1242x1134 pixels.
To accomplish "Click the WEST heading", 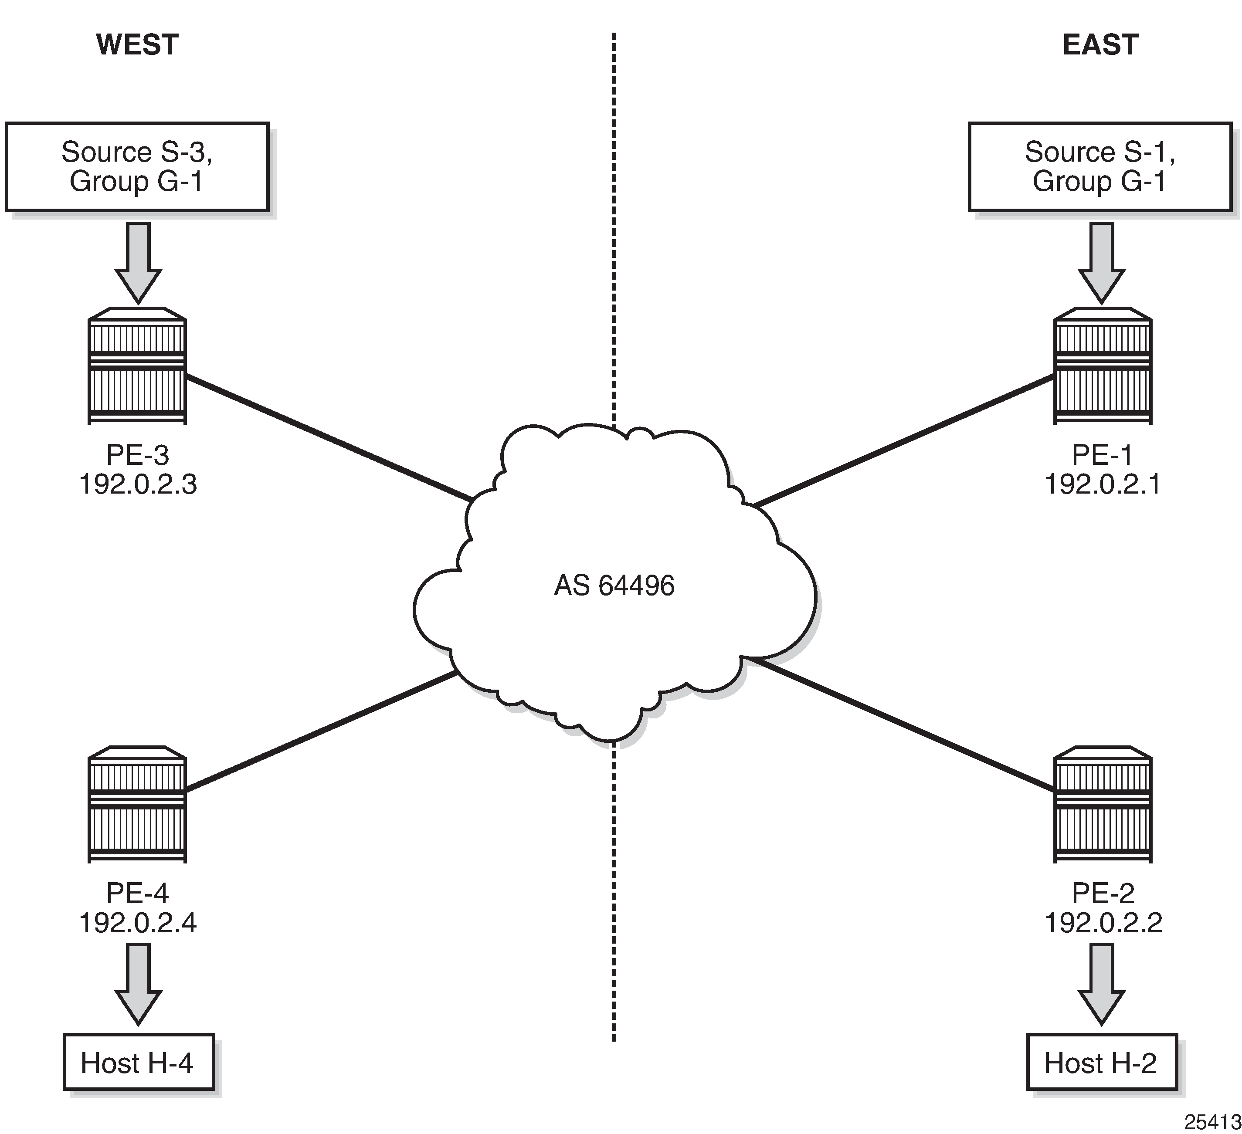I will [x=137, y=45].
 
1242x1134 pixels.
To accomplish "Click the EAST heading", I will [x=1100, y=45].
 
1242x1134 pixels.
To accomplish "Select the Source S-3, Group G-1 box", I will [x=137, y=167].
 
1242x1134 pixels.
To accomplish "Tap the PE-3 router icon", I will [x=137, y=366].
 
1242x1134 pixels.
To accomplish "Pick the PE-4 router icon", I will [x=137, y=805].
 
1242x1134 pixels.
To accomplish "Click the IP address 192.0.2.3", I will [x=138, y=485].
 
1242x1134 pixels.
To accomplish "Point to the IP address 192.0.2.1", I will [x=1103, y=485].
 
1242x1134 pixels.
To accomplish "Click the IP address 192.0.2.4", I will [x=138, y=923].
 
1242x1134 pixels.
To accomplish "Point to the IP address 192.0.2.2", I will [x=1103, y=923].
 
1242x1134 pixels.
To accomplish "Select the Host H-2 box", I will [x=1102, y=1063].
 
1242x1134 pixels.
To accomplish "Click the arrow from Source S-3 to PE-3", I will [x=138, y=262].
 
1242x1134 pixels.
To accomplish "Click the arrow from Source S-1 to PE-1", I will [x=1102, y=262].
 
